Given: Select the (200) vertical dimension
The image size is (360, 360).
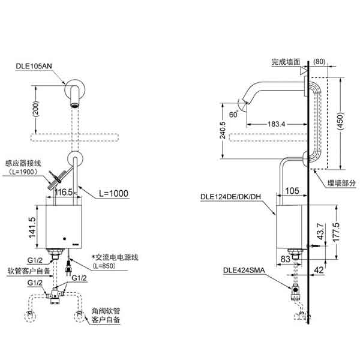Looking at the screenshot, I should pos(37,109).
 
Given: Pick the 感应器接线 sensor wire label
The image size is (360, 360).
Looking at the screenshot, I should pos(23,162).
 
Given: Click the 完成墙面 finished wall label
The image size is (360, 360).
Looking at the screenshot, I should pos(285,61).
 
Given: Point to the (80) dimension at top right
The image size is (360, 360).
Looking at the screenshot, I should pos(318,61).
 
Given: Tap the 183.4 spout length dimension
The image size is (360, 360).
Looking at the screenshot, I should pos(275,124).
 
